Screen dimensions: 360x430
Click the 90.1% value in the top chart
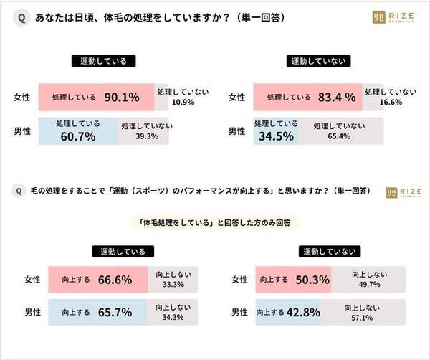(126, 97)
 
